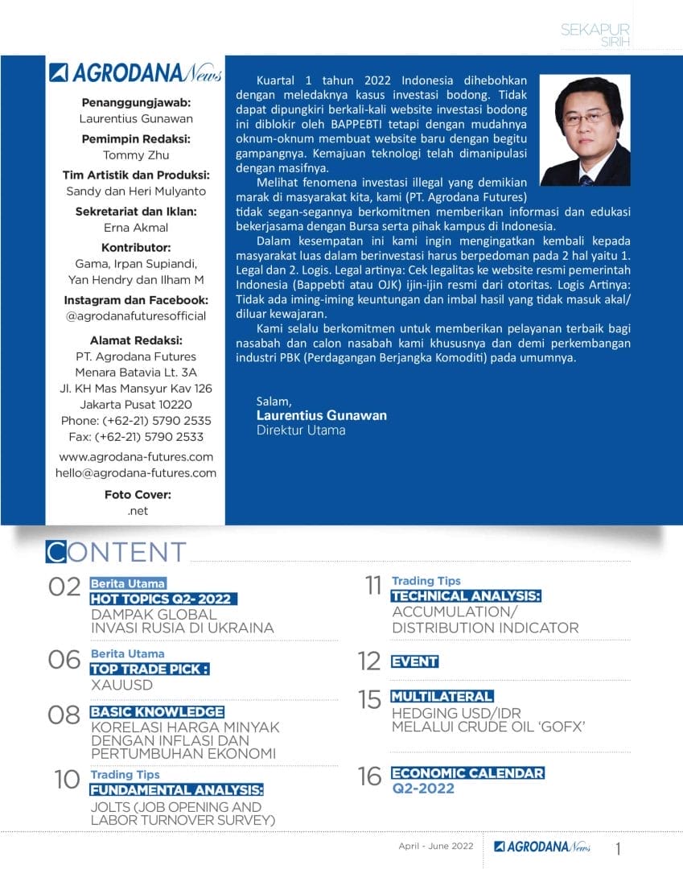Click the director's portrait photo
point(585,130)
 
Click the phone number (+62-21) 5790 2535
point(136,421)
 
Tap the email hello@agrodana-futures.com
point(136,473)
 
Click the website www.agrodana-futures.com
point(136,457)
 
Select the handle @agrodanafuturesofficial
point(136,316)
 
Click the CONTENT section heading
point(117,553)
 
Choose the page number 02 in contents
point(64,587)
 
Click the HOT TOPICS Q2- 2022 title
point(164,599)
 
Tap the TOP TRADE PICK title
point(149,669)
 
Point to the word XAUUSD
point(122,686)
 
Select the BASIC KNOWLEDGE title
point(157,712)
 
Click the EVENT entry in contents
point(414,661)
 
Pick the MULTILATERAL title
point(442,696)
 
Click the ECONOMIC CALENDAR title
point(467,773)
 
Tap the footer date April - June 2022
point(437,846)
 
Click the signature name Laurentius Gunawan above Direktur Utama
point(321,415)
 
